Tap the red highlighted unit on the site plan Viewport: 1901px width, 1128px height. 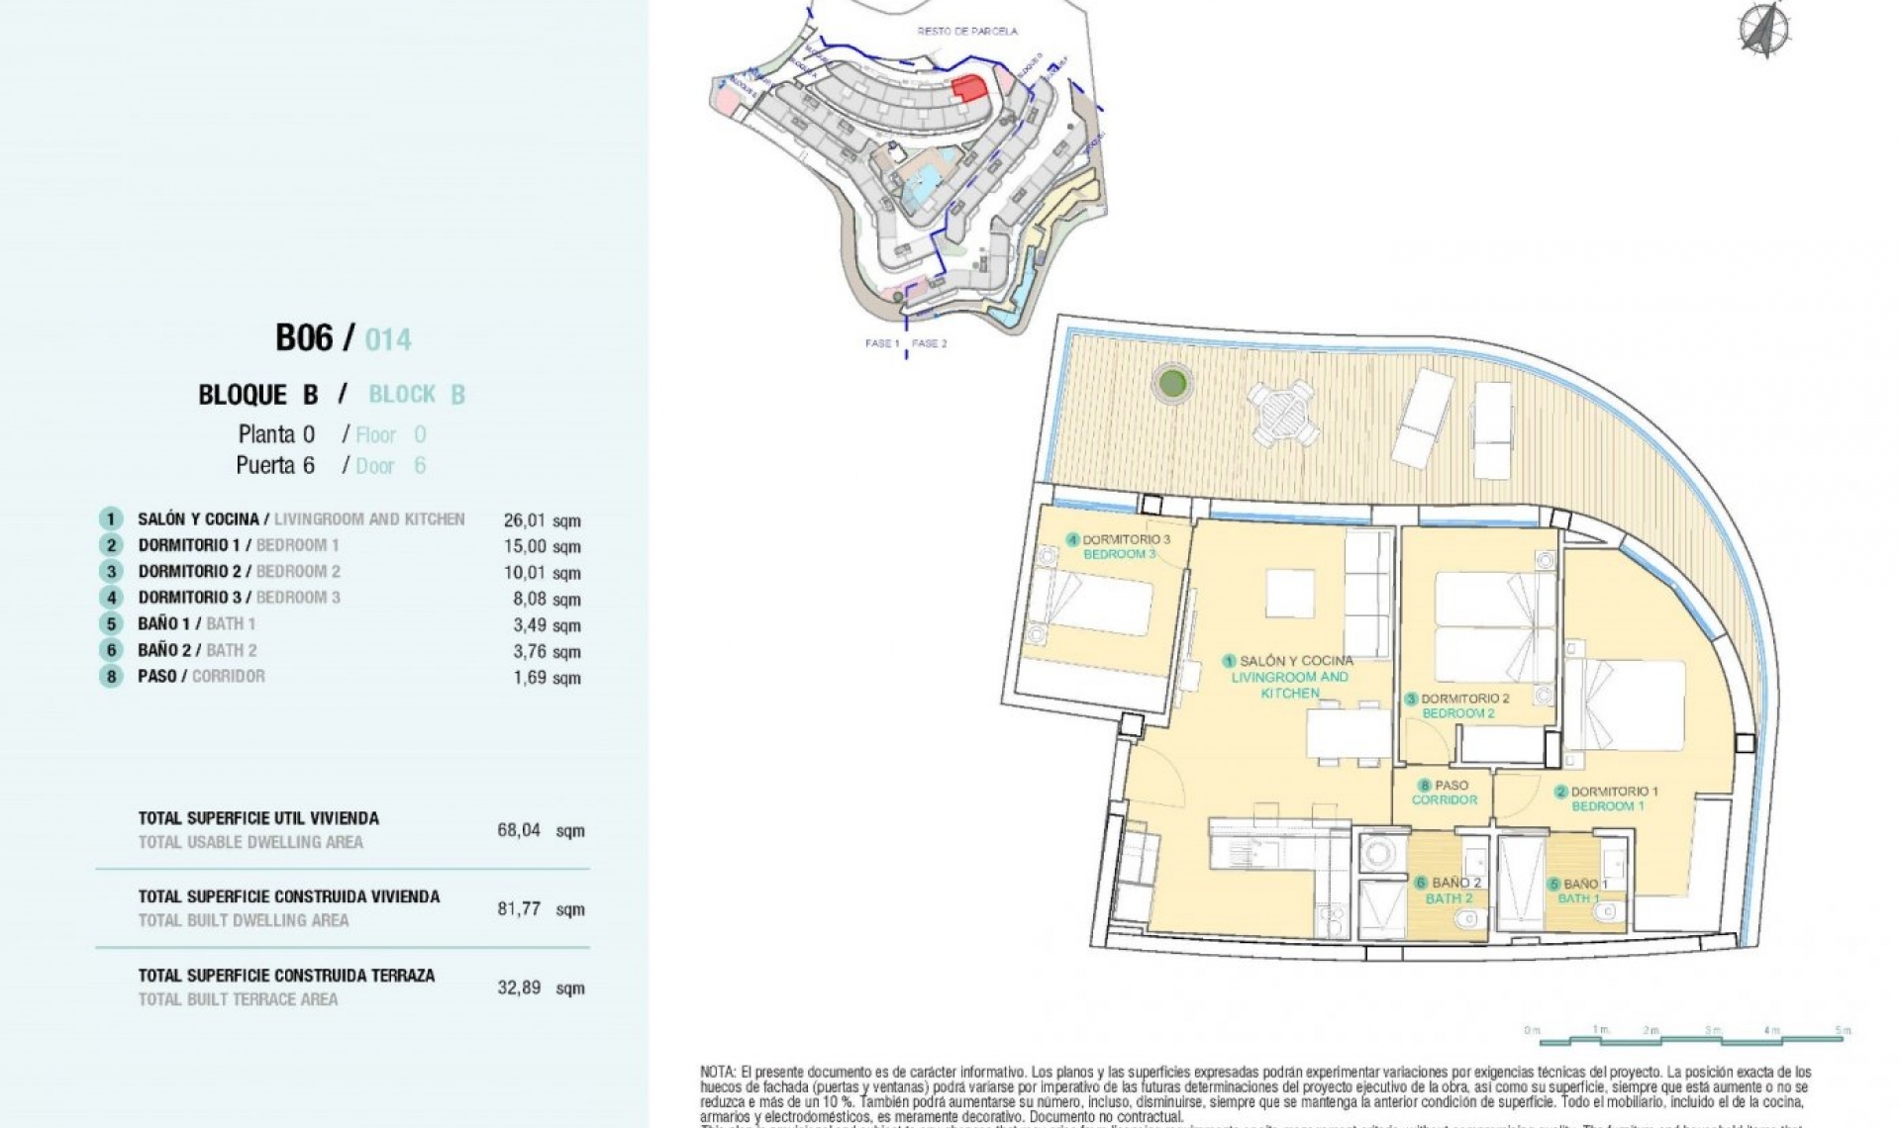[969, 87]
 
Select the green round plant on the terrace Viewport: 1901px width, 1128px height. [1172, 382]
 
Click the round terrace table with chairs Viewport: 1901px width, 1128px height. [1282, 413]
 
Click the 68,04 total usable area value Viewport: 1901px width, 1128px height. [519, 830]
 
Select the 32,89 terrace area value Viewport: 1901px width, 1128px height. [519, 987]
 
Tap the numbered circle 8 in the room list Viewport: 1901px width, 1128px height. [111, 677]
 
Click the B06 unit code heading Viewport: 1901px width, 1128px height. [304, 338]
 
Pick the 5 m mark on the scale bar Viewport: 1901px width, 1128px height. [1842, 1031]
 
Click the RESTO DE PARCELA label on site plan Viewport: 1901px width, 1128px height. [966, 32]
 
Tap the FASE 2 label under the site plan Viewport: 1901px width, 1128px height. [929, 344]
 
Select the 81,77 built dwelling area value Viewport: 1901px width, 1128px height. [519, 909]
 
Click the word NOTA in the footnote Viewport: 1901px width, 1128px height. [717, 1072]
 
